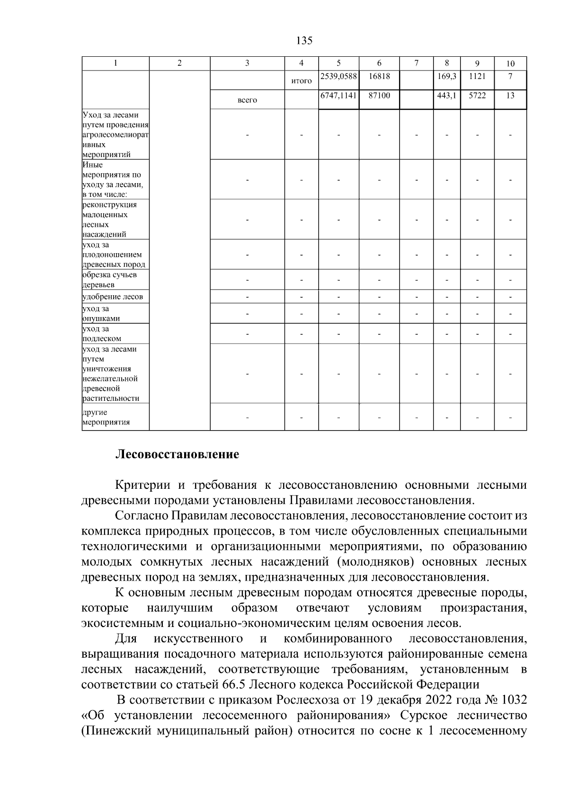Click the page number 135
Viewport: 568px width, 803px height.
(304, 41)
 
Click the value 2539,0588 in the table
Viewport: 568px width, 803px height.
(338, 76)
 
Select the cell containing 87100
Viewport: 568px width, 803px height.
(379, 96)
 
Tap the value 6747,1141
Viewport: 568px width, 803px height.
(338, 96)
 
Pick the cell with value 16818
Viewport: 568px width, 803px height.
(379, 76)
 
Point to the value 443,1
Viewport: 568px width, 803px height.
(447, 96)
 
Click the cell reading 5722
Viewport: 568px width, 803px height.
(477, 96)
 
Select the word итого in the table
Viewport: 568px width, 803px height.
(301, 81)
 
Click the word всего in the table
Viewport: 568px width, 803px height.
(247, 100)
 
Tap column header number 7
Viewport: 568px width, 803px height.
(416, 63)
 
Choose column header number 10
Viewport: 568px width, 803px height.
(510, 63)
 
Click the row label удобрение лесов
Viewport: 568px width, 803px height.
(113, 297)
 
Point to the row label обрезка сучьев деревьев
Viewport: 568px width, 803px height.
(109, 280)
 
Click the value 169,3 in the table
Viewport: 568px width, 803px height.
(447, 76)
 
